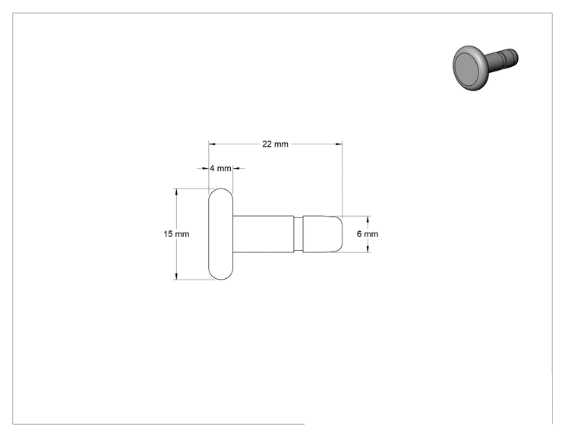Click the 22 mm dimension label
click(x=276, y=144)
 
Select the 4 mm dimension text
click(x=220, y=169)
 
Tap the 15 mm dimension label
click(x=176, y=234)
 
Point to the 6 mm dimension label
click(x=368, y=234)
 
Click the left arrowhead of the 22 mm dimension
click(x=212, y=144)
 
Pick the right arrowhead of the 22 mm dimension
click(x=339, y=144)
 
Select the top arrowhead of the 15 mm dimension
click(x=176, y=192)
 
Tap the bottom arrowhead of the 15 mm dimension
click(x=176, y=276)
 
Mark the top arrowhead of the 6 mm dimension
click(x=368, y=219)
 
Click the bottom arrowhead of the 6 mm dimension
click(x=368, y=249)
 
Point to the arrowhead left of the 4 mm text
click(x=206, y=169)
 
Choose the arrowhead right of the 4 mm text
click(x=236, y=169)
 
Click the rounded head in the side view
click(x=221, y=234)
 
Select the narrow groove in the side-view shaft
click(x=298, y=234)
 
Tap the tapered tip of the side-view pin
click(x=323, y=234)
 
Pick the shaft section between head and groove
click(x=264, y=234)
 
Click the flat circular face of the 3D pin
click(x=467, y=68)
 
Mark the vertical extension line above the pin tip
click(x=342, y=179)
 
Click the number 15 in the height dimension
click(x=169, y=234)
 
